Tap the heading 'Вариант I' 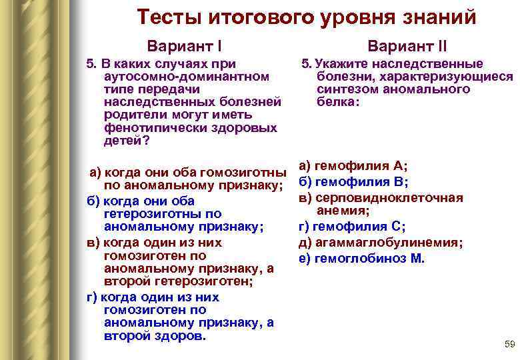pyautogui.click(x=185, y=47)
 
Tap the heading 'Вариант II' pyautogui.click(x=407, y=47)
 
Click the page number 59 pyautogui.click(x=510, y=344)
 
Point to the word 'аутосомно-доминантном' pyautogui.click(x=187, y=76)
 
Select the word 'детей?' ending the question pyautogui.click(x=127, y=140)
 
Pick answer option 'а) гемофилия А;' pyautogui.click(x=353, y=166)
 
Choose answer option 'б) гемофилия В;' pyautogui.click(x=353, y=182)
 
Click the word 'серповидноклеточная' pyautogui.click(x=388, y=197)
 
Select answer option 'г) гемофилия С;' pyautogui.click(x=352, y=227)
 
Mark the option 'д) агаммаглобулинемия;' pyautogui.click(x=381, y=243)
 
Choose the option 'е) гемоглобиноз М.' pyautogui.click(x=361, y=259)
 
